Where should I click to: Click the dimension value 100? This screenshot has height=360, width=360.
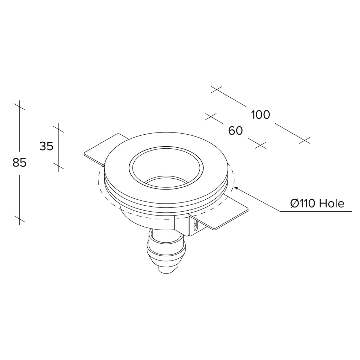tap(261, 115)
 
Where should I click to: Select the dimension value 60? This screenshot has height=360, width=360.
tap(236, 131)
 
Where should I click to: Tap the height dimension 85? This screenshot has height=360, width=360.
tap(20, 163)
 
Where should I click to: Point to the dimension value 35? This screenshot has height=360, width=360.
tap(46, 146)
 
